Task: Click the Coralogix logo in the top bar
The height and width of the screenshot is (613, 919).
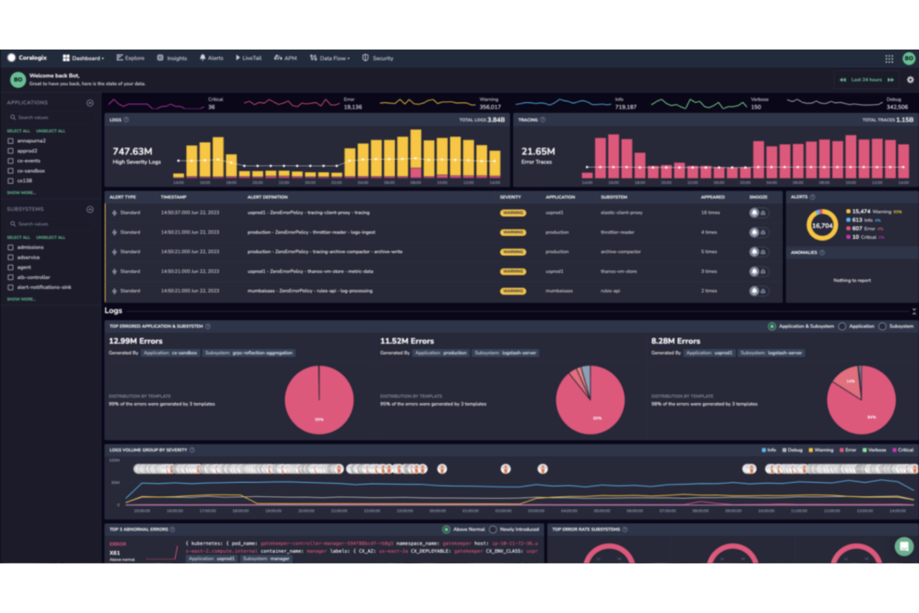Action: coord(27,58)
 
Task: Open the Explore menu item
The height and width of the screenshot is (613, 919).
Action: coord(130,58)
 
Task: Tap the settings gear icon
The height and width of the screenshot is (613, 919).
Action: coord(910,80)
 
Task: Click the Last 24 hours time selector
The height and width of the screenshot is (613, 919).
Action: coord(866,80)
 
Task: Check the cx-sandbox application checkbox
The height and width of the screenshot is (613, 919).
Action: coord(11,171)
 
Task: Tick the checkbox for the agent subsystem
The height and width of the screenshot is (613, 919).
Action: coord(11,268)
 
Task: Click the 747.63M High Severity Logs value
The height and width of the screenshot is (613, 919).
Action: coord(132,152)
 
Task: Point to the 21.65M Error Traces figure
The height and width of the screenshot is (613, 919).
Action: coord(538,152)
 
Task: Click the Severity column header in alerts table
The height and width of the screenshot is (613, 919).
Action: coord(510,198)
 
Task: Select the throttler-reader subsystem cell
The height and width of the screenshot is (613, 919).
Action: coord(617,232)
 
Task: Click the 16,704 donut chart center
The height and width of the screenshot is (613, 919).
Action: coord(822,225)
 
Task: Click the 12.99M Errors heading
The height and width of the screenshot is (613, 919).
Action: coord(135,341)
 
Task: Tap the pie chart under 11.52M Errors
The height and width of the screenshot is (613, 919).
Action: coord(590,400)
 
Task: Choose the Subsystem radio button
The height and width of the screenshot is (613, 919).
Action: coord(882,327)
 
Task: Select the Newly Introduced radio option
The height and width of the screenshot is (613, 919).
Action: coord(493,530)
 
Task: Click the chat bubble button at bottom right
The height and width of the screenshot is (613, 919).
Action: coord(904,547)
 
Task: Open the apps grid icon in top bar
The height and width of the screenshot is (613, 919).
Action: coord(889,58)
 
